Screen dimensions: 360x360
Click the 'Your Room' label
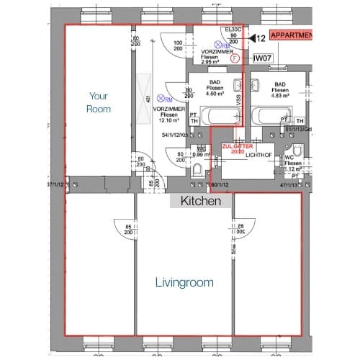click(x=99, y=102)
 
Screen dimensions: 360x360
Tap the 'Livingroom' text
click(x=184, y=283)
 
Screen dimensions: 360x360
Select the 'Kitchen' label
click(x=200, y=202)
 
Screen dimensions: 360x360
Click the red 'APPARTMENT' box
click(x=292, y=35)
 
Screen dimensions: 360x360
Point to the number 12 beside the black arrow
click(x=262, y=37)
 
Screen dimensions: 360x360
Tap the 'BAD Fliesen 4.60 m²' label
click(x=215, y=89)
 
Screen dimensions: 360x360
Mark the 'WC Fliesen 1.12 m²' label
click(x=292, y=163)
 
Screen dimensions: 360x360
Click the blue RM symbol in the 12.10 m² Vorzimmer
click(x=166, y=99)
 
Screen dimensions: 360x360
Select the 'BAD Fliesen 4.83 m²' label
click(x=280, y=89)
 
